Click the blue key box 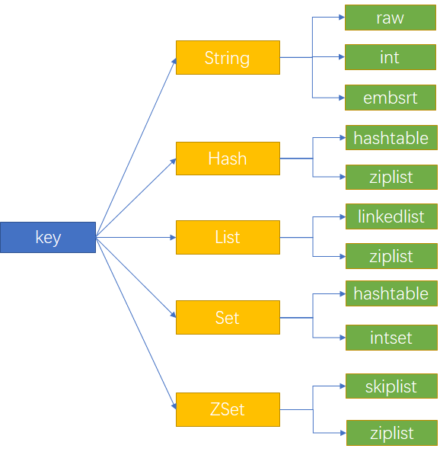pos(48,237)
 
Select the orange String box pos(228,58)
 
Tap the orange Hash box pos(228,159)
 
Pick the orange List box pos(228,237)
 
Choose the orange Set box pos(228,317)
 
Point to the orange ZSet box pos(228,409)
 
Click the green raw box pos(391,18)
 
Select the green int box pos(391,57)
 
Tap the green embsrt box pos(391,98)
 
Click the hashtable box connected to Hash pos(391,138)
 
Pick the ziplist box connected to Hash pos(391,177)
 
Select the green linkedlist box pos(391,216)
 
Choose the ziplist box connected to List pos(391,256)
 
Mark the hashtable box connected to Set pos(391,293)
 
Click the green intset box pos(391,337)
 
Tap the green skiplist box pos(391,386)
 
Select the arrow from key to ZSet pos(136,323)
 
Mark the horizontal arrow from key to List pos(136,237)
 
